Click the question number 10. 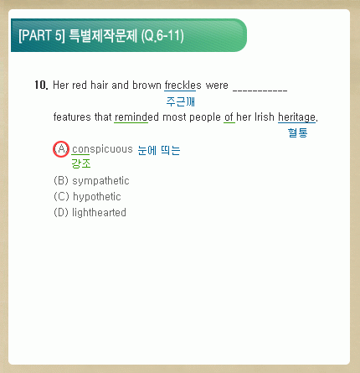tap(41, 85)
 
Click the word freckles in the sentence tap(183, 85)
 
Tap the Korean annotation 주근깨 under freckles tap(181, 101)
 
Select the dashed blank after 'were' tap(260, 90)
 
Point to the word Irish tap(265, 117)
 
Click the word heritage tap(297, 117)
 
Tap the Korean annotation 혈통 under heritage tap(298, 132)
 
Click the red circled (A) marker tap(61, 149)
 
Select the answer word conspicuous tap(102, 149)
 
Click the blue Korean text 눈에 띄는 tap(159, 150)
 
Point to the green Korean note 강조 tap(81, 163)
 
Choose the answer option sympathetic tap(100, 181)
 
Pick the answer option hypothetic tap(97, 197)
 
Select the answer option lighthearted tap(99, 213)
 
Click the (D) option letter tap(61, 213)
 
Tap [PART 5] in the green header tap(42, 35)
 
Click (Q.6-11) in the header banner tap(162, 36)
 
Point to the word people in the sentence tap(205, 117)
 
